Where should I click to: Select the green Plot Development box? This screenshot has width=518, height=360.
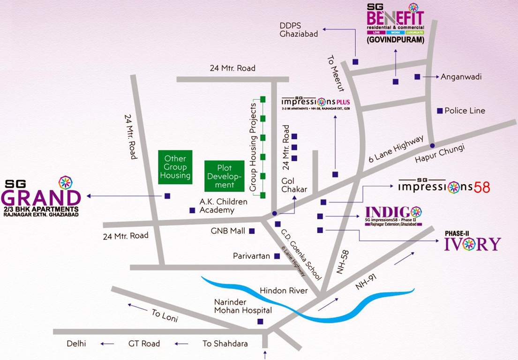pyautogui.click(x=225, y=176)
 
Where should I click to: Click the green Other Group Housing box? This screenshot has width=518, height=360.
pyautogui.click(x=175, y=167)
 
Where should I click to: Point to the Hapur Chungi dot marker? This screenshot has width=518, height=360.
pyautogui.click(x=432, y=145)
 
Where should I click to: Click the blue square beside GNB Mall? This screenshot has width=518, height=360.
pyautogui.click(x=252, y=231)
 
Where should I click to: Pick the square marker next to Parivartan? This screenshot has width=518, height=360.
pyautogui.click(x=277, y=256)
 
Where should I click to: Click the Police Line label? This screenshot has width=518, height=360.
pyautogui.click(x=465, y=111)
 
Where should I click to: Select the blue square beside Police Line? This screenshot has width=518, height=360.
pyautogui.click(x=440, y=111)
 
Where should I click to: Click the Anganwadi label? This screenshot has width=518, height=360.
pyautogui.click(x=461, y=76)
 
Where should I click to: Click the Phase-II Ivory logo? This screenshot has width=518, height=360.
pyautogui.click(x=473, y=241)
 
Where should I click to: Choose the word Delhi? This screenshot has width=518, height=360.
pyautogui.click(x=76, y=344)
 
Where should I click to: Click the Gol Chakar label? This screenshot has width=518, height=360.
pyautogui.click(x=294, y=185)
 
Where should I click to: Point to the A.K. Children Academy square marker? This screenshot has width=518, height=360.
pyautogui.click(x=192, y=210)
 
